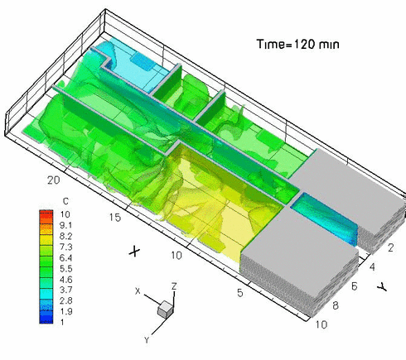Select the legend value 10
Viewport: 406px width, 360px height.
tap(65, 214)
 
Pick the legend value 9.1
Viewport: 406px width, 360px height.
tap(67, 224)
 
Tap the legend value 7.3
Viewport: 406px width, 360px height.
tap(67, 246)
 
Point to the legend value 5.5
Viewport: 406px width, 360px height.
tap(67, 267)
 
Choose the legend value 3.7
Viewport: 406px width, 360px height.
tap(67, 289)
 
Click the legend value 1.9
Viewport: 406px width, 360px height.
tap(67, 310)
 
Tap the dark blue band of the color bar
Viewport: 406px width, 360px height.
tap(44, 319)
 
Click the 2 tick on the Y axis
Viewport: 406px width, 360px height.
tap(390, 247)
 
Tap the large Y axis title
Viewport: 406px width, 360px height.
tap(380, 286)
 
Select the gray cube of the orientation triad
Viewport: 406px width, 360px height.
tap(166, 309)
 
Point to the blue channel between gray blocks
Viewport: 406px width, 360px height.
tap(327, 217)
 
